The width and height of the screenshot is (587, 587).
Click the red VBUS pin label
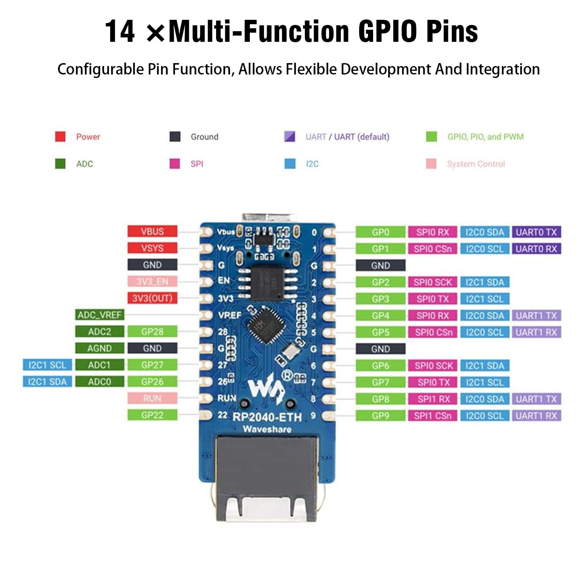point(152,231)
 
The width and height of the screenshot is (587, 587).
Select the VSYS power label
point(152,248)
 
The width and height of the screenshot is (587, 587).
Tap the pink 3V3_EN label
point(152,281)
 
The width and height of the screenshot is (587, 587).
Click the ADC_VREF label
point(99,315)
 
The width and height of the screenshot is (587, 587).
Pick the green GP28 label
point(152,332)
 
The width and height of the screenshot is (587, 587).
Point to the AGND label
point(99,348)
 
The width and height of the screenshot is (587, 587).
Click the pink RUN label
point(152,398)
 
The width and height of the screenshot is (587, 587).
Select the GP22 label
point(152,415)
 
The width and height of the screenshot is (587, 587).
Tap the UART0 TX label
point(536,232)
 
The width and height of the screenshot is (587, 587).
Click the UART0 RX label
point(536,249)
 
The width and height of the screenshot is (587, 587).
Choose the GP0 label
point(380,232)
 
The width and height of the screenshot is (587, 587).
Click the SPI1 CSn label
point(433,416)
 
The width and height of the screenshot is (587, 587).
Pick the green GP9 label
point(380,416)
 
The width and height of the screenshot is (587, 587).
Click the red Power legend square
point(60,136)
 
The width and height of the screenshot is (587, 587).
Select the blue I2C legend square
point(290,164)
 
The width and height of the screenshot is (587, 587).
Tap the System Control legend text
point(476,164)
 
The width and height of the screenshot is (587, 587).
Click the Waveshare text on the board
point(267,429)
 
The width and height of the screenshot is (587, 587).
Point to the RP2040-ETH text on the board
point(267,417)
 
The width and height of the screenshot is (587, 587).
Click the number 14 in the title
point(120,32)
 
